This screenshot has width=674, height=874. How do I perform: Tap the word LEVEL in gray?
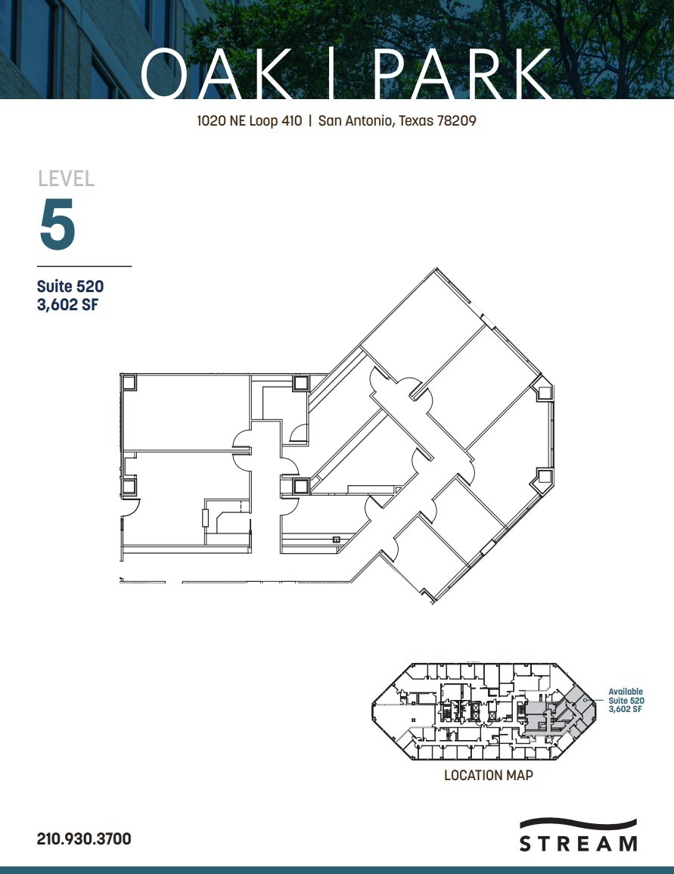[x=67, y=179]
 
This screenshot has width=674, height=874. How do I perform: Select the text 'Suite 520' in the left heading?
[x=70, y=287]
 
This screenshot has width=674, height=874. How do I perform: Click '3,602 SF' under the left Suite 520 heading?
[x=69, y=306]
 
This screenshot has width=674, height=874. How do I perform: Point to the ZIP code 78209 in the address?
[x=456, y=120]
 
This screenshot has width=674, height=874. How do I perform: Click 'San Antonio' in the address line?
[x=353, y=120]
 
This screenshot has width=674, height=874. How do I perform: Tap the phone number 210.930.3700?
[x=84, y=838]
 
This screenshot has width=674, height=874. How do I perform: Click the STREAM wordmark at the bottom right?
[x=578, y=844]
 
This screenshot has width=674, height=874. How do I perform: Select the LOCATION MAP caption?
[x=488, y=776]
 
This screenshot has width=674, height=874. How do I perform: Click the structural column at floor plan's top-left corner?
[x=129, y=382]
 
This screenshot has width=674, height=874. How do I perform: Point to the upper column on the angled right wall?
[x=542, y=391]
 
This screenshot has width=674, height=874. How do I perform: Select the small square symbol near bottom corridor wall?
[x=336, y=540]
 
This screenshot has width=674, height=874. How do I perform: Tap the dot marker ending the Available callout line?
[x=584, y=701]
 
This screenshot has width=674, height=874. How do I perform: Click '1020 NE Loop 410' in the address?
[x=249, y=120]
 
